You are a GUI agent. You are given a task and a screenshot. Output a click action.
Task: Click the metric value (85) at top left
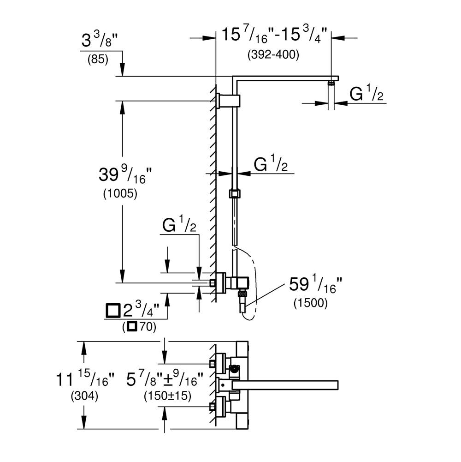click(x=98, y=59)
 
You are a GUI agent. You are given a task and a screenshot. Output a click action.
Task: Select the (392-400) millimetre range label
click(x=273, y=54)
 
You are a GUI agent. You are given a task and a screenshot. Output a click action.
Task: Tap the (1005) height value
click(x=120, y=193)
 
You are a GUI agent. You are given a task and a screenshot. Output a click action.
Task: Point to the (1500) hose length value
click(x=311, y=303)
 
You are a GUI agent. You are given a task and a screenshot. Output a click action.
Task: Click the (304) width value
click(x=84, y=396)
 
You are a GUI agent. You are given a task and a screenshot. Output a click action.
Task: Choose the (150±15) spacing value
click(x=167, y=396)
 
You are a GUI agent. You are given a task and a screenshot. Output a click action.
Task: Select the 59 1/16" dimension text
click(x=316, y=284)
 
